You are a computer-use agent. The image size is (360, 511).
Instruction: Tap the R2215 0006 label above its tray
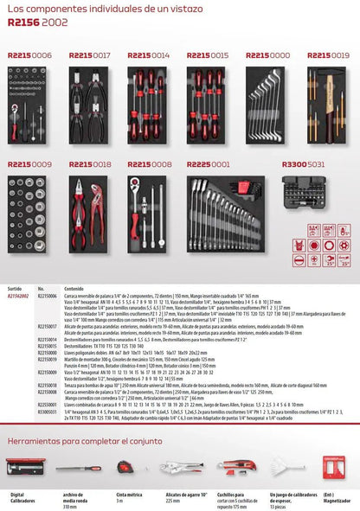click(29, 55)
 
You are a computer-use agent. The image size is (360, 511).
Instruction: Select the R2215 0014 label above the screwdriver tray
click(149, 55)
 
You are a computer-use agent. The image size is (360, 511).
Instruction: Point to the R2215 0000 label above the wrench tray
click(267, 55)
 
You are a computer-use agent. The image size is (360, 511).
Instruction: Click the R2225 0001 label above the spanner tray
click(209, 163)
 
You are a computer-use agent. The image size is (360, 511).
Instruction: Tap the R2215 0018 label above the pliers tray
click(89, 163)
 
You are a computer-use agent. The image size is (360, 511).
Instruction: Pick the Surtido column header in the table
click(14, 289)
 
